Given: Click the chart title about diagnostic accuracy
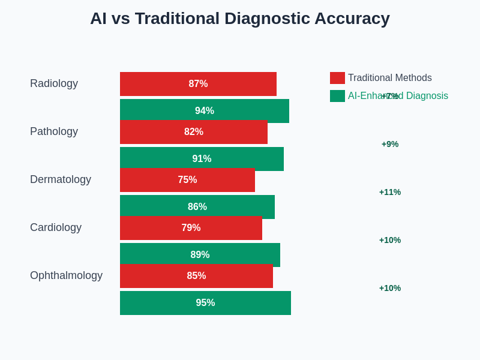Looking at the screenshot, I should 240,19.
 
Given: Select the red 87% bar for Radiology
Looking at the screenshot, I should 198,84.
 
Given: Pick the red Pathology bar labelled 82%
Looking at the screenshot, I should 193,132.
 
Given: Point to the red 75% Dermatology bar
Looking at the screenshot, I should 187,180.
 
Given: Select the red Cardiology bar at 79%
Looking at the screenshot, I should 191,228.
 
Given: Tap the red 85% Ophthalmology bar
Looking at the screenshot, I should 196,276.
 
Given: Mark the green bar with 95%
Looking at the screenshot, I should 205,303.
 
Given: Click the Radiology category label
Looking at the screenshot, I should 54,84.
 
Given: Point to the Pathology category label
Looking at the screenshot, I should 54,132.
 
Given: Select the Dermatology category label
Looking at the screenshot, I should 61,180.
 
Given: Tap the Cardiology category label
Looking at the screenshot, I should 56,228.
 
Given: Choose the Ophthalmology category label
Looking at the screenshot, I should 66,276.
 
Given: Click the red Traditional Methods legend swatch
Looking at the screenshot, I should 337,78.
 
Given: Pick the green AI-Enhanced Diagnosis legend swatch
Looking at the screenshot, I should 337,96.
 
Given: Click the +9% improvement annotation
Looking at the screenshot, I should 390,144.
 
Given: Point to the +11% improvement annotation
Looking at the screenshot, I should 390,192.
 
